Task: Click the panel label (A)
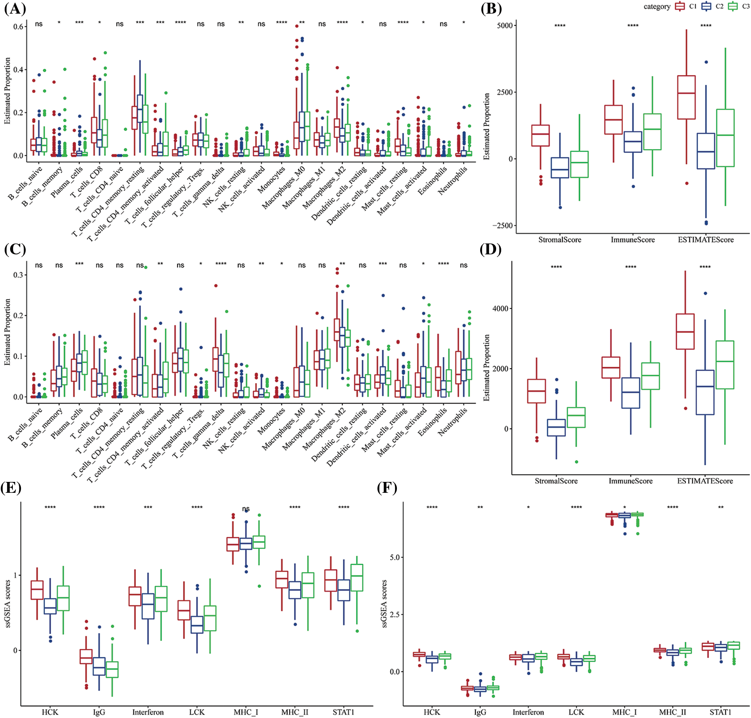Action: tap(14, 9)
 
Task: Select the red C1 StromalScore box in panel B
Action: tap(540, 135)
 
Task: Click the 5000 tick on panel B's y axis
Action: tap(505, 26)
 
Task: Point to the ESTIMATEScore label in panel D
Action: tap(705, 481)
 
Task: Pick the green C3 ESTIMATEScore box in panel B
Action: tap(725, 138)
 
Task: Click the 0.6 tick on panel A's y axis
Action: tap(18, 27)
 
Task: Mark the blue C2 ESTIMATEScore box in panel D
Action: tap(705, 392)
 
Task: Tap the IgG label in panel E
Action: tap(99, 712)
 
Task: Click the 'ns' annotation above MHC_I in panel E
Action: tap(246, 509)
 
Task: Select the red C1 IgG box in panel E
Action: tap(86, 657)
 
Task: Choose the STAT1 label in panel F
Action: tap(721, 712)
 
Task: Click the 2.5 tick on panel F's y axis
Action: tap(395, 615)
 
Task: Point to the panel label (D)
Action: tap(491, 249)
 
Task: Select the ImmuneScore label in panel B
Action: tap(633, 240)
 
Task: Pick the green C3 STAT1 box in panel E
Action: tap(357, 578)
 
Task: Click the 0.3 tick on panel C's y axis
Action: tap(18, 275)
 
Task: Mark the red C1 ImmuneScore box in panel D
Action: tap(611, 367)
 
